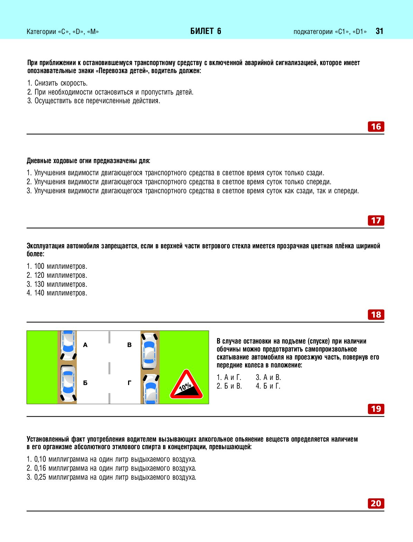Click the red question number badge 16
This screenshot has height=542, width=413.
pos(376,127)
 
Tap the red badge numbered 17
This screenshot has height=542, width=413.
pos(376,220)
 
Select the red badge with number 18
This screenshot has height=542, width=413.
pos(376,314)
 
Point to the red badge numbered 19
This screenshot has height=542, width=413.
pos(376,409)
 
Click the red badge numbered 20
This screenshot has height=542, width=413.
pos(376,503)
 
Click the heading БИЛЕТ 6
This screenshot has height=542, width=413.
pos(206,31)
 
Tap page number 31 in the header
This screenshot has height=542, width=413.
pos(379,31)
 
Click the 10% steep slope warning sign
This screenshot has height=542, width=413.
pos(186,385)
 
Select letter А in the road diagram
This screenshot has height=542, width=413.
pos(86,345)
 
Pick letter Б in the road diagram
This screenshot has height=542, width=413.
pos(85,383)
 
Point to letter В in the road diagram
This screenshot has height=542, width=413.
pos(129,345)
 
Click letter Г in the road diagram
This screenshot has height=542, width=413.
pos(129,383)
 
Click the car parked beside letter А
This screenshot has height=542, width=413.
pos(68,345)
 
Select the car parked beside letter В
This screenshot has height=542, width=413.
pos(150,350)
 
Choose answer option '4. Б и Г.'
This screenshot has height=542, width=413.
pos(268,386)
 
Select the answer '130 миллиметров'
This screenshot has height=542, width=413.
pos(57,284)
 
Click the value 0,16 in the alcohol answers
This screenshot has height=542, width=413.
pos(40,468)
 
